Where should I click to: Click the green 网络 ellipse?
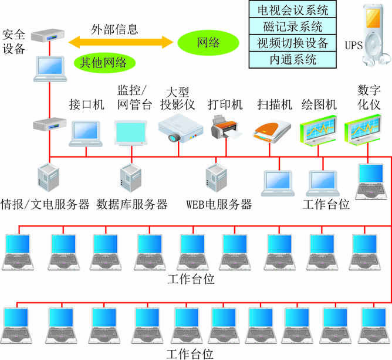point(208,42)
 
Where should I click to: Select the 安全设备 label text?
point(14,41)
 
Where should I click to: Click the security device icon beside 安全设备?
point(46,37)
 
